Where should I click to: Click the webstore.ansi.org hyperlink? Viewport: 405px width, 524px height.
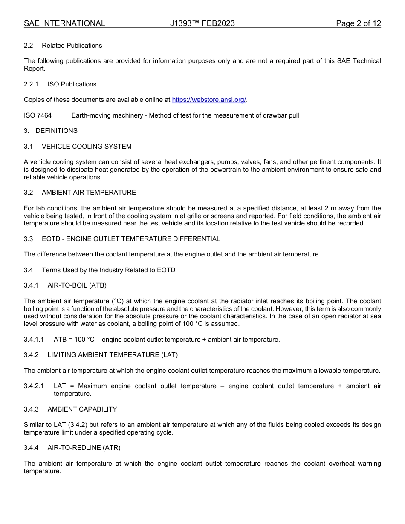[209, 100]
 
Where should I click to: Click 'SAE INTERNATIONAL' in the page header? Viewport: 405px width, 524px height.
[64, 23]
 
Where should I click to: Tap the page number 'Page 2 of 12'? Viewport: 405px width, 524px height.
[358, 23]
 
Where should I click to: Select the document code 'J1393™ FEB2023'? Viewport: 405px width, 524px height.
[202, 23]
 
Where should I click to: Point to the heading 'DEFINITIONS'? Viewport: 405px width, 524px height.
[57, 131]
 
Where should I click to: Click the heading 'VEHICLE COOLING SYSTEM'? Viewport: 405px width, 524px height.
[87, 147]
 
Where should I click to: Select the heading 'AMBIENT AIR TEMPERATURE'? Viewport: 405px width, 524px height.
[89, 193]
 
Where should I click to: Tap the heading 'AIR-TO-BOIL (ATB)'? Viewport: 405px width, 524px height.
[77, 285]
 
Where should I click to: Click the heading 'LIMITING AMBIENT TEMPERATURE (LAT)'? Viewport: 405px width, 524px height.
[113, 355]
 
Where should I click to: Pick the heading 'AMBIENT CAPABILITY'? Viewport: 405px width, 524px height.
[82, 409]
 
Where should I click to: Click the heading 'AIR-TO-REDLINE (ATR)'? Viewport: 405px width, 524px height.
[84, 448]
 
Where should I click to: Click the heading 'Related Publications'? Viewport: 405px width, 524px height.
[72, 46]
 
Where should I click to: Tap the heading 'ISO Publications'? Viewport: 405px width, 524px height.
[72, 84]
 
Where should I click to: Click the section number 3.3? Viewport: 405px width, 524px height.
[29, 239]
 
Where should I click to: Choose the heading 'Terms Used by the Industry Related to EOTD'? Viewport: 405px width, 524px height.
[108, 270]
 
